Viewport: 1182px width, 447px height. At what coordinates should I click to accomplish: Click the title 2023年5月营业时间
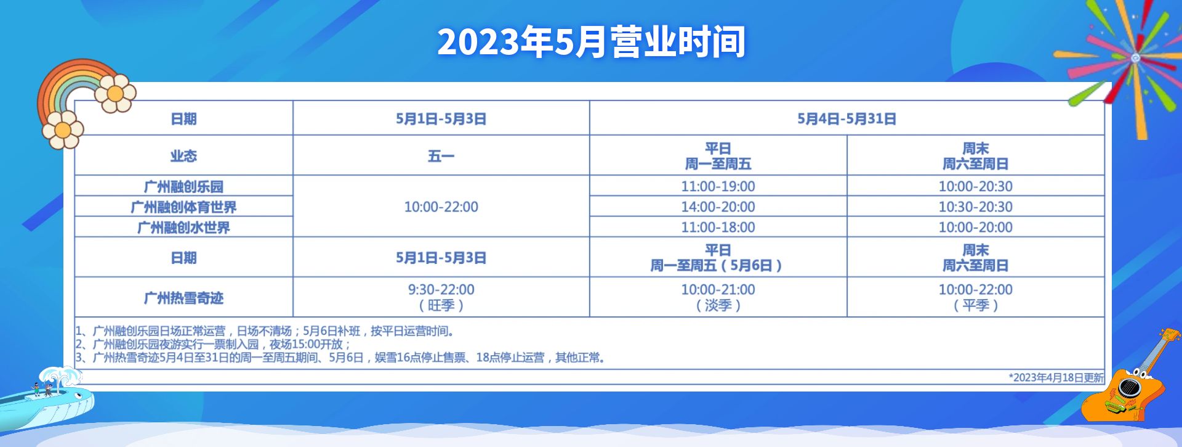tap(591, 41)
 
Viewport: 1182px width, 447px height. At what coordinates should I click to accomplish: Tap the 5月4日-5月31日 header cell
tap(846, 118)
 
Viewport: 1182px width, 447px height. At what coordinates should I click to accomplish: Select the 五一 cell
tap(441, 155)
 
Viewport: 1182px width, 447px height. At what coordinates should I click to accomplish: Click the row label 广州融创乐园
tap(183, 186)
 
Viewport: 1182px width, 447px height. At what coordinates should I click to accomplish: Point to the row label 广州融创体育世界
tap(183, 207)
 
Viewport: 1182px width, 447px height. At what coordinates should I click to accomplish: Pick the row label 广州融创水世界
tap(183, 227)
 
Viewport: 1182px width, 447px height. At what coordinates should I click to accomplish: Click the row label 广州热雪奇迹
tap(183, 298)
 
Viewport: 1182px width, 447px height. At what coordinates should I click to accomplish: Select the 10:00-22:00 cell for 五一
tap(441, 207)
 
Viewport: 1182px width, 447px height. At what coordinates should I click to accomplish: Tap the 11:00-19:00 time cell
tap(718, 186)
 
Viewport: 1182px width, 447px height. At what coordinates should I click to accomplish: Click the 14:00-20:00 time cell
tap(718, 207)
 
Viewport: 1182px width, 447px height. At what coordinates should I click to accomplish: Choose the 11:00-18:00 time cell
tap(718, 227)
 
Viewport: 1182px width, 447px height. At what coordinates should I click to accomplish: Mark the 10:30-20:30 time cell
tap(975, 207)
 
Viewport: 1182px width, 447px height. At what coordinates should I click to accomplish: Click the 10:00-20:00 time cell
tap(975, 227)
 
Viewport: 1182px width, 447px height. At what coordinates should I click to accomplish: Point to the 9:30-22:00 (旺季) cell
tap(441, 297)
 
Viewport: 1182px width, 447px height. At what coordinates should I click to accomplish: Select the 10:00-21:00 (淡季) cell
tap(718, 297)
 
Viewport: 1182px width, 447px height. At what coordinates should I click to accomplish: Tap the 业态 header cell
tap(183, 155)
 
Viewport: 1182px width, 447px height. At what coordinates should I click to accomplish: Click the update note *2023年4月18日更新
tap(1056, 377)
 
